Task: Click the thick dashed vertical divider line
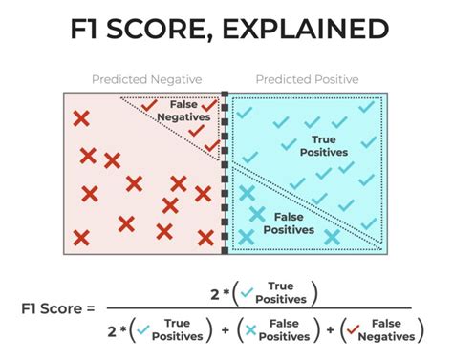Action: (226, 173)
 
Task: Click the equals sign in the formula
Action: (91, 308)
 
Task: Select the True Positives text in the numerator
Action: (279, 290)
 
